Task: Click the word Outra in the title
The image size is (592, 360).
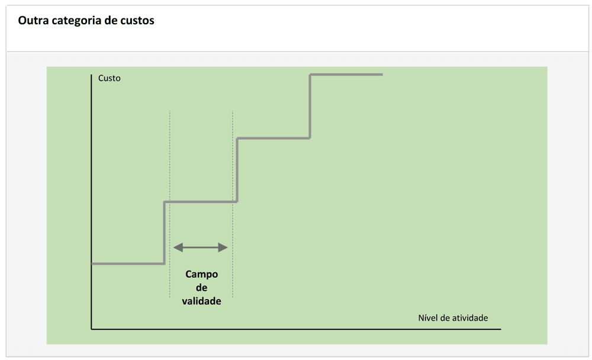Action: pos(32,21)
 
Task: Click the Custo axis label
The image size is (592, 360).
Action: pos(109,78)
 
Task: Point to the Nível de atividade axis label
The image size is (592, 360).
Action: pos(453,318)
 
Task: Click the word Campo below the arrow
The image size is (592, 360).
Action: pos(201,274)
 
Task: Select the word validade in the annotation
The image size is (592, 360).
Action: pos(201,301)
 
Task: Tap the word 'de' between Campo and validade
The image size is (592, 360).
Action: pos(201,288)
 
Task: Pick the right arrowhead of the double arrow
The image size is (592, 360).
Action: pos(223,247)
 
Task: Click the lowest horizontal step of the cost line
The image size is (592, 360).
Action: pos(127,263)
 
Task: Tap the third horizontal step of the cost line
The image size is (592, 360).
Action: pos(274,138)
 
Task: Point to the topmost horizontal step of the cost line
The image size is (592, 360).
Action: pos(346,75)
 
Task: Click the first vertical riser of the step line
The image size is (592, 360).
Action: pos(164,232)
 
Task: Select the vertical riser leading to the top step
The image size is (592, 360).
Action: pos(310,107)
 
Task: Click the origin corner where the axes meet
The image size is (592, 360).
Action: pos(91,328)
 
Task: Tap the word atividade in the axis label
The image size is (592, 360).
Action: pos(470,318)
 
